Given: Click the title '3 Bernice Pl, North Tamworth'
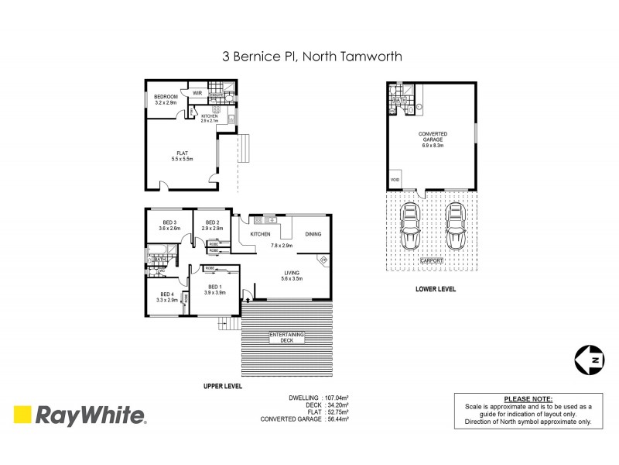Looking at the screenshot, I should [x=309, y=57].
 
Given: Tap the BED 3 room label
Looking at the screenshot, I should [x=169, y=226].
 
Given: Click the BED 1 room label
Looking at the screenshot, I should [x=214, y=289].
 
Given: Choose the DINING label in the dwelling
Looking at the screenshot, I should [x=313, y=233].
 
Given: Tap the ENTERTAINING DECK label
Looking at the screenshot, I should [x=287, y=338].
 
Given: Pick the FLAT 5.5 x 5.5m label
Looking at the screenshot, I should [x=183, y=157].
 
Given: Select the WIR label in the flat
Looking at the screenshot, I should [x=197, y=92].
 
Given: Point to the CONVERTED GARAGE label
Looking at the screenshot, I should [x=434, y=136].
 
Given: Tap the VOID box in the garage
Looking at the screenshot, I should [x=395, y=179].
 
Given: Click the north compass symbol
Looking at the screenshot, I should [x=590, y=359].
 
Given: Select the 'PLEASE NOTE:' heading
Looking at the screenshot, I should [x=524, y=398].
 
